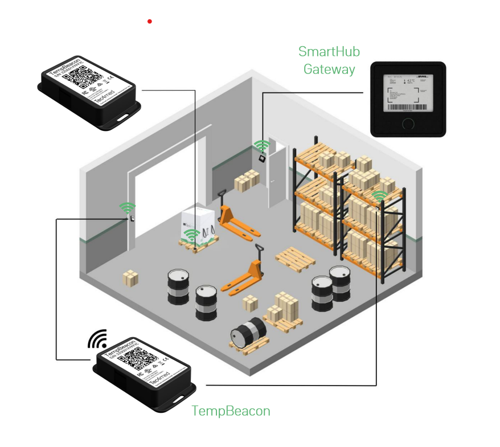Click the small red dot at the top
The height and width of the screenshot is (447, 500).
coord(150,22)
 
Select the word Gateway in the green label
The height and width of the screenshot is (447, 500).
coord(329,69)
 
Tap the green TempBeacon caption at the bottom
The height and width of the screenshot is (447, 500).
coord(231,411)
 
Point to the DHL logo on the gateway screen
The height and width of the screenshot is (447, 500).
coord(423,77)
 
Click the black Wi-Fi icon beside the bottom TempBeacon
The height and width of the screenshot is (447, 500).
coord(97,339)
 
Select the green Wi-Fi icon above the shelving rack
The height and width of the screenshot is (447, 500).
coord(379,196)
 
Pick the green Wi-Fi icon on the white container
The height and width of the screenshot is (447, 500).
coord(192,233)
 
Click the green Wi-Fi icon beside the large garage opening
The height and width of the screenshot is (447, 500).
coord(128,208)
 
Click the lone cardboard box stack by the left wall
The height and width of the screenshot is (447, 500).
coord(130,278)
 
